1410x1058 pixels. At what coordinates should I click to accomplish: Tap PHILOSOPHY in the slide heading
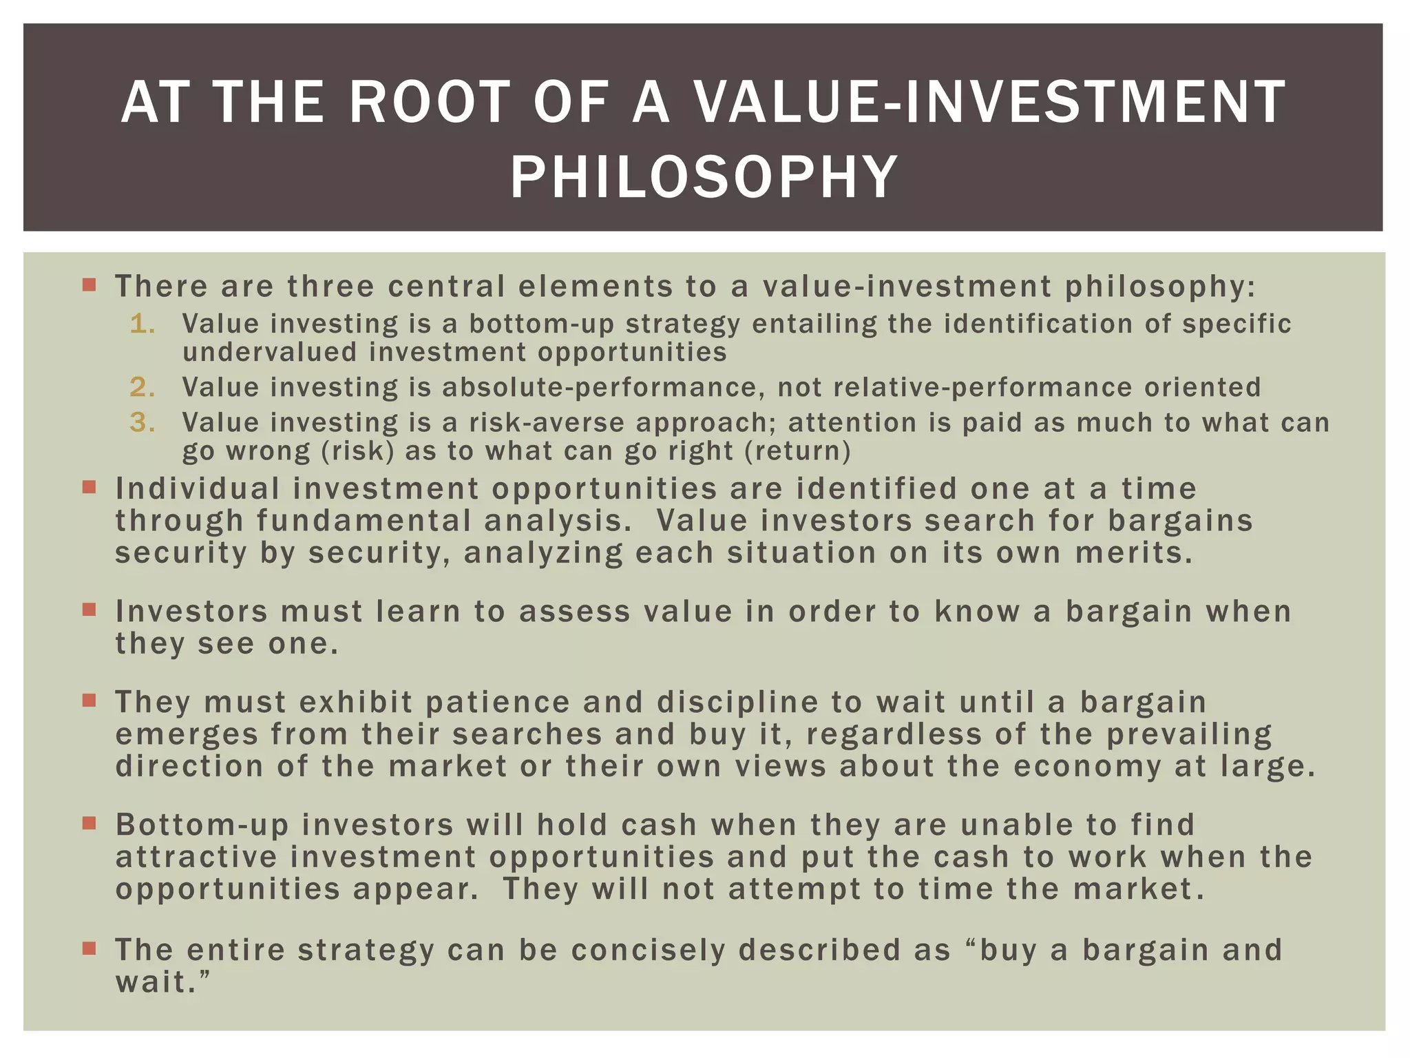point(704,178)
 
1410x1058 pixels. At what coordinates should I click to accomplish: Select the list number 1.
point(142,324)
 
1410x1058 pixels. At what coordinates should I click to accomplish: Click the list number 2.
point(142,387)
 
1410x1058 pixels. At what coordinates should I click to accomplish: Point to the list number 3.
point(142,422)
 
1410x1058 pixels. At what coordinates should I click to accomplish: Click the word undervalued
point(270,353)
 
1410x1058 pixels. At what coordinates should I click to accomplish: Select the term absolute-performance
point(603,387)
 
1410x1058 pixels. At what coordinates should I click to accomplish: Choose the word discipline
point(737,703)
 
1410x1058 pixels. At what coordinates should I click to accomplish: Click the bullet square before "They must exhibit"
point(89,701)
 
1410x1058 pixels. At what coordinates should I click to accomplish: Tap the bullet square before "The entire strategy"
point(89,948)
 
